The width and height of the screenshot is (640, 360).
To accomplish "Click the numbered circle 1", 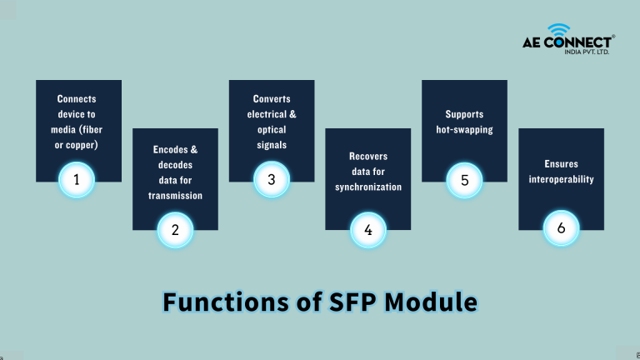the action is tap(77, 180).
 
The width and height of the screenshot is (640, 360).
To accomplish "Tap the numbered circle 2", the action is tap(175, 230).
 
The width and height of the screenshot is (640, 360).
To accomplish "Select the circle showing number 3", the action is tap(272, 180).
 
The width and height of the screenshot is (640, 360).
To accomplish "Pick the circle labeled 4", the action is tap(368, 230).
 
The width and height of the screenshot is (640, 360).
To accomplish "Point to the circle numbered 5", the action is tap(464, 180).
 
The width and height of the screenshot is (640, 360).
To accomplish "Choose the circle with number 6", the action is tap(561, 227).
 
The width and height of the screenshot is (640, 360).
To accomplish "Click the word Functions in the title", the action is tap(226, 302).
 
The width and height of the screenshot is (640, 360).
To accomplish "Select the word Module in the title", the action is tap(431, 302).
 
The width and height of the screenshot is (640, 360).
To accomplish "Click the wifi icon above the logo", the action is tap(559, 30).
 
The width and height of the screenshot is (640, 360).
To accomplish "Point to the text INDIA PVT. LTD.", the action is tap(587, 52).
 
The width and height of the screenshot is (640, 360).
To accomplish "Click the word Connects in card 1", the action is tap(77, 99).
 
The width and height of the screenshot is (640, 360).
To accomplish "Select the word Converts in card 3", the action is tap(272, 99).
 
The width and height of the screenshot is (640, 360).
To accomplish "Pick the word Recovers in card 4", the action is tap(368, 157).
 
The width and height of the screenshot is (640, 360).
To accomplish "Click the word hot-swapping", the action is tap(464, 130).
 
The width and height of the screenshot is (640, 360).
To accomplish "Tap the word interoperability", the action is tap(561, 179).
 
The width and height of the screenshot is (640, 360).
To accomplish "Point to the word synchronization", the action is tap(368, 187).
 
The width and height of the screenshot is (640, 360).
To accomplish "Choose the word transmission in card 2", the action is tap(175, 196).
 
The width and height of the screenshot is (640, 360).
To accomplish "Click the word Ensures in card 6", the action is tap(561, 163).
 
